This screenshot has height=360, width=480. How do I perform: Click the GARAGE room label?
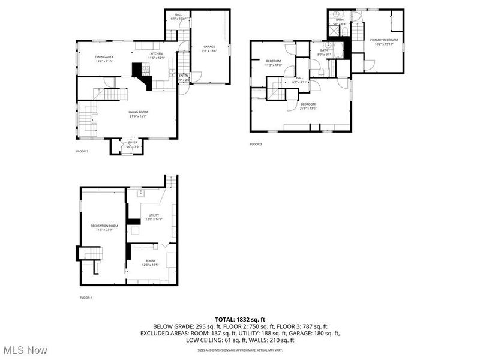(209, 46)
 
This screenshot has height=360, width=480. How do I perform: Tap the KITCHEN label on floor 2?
(156, 53)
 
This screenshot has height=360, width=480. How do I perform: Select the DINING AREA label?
(104, 57)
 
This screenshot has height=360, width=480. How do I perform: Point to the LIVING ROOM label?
(138, 112)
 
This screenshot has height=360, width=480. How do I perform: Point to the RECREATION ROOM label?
(104, 226)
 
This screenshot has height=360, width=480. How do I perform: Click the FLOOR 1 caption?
(86, 298)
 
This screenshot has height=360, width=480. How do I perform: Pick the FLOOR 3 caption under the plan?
(256, 144)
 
